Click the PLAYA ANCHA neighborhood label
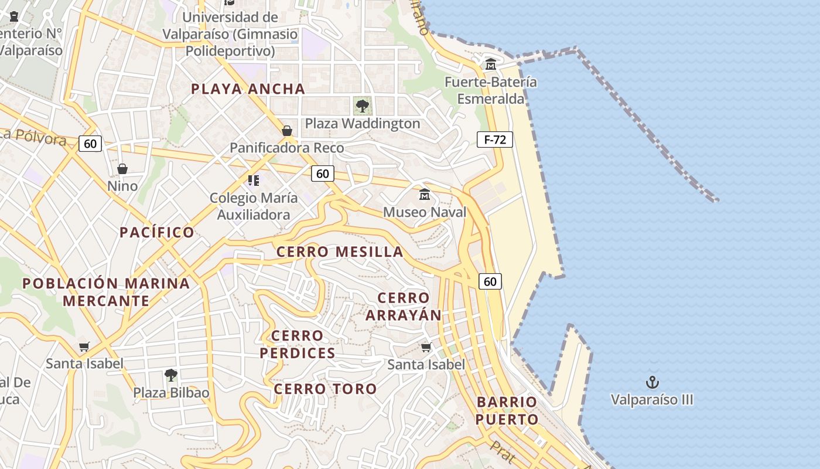[248, 89]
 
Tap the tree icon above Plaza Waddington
[363, 106]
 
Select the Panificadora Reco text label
[286, 148]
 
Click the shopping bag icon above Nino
[122, 169]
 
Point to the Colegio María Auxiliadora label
[254, 206]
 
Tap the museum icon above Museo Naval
[425, 194]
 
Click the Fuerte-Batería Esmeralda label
[491, 90]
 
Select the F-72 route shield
[495, 140]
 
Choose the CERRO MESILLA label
[340, 252]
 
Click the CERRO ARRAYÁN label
[404, 306]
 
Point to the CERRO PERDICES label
[298, 344]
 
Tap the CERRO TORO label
[326, 389]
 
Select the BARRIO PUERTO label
[507, 410]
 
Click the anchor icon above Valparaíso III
[652, 383]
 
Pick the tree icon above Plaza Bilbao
[170, 375]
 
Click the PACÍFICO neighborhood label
[157, 233]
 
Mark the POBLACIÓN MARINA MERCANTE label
[106, 292]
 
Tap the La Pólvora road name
[33, 136]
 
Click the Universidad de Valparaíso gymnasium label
[230, 34]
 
